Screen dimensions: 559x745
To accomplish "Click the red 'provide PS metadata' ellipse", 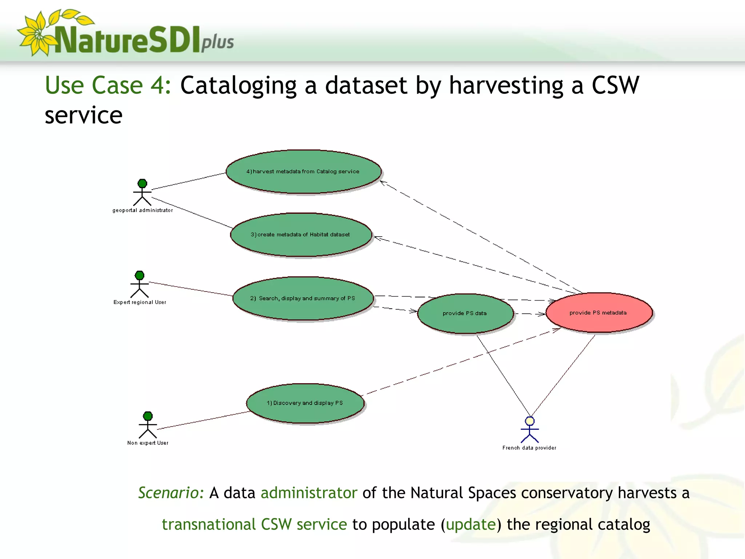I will (599, 313).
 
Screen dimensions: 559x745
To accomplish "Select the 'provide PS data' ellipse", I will (465, 313).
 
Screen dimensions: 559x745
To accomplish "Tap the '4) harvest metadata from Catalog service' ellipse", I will (303, 171).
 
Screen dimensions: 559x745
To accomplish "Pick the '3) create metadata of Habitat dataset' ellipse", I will (301, 235).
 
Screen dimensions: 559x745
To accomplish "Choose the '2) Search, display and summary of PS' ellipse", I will (303, 298).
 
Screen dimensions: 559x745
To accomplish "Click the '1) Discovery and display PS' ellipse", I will (305, 403).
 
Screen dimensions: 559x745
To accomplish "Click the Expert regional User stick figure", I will (140, 284).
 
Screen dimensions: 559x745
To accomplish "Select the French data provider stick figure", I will (530, 430).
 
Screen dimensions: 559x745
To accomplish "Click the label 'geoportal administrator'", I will (143, 210).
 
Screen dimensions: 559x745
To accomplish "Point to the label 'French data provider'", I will (529, 448).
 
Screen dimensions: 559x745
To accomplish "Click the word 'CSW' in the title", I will (615, 86).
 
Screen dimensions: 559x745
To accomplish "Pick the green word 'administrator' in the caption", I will (309, 493).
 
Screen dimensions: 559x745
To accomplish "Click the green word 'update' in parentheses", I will (471, 525).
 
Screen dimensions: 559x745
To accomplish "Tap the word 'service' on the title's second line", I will (83, 116).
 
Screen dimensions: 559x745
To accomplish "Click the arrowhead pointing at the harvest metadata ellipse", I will (383, 183).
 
